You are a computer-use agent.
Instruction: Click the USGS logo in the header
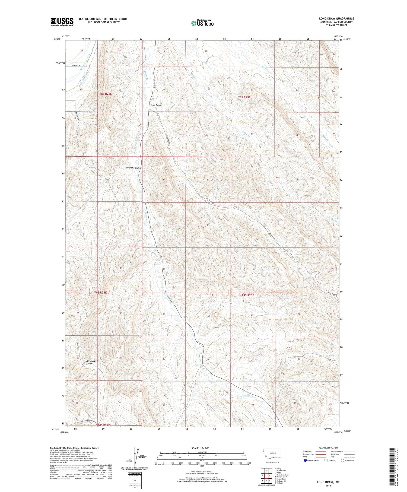(x=62, y=22)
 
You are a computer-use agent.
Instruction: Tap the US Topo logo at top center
(x=202, y=23)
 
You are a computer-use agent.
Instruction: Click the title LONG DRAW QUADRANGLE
(x=336, y=18)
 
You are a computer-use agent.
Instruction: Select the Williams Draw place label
(x=133, y=168)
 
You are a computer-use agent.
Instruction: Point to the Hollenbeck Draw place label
(x=90, y=362)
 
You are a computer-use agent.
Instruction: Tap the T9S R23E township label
(x=248, y=295)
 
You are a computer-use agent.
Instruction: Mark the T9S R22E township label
(x=101, y=293)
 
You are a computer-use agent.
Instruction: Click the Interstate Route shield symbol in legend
(x=306, y=461)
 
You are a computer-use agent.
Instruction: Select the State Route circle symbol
(x=342, y=461)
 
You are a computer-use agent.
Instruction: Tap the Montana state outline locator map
(x=272, y=453)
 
